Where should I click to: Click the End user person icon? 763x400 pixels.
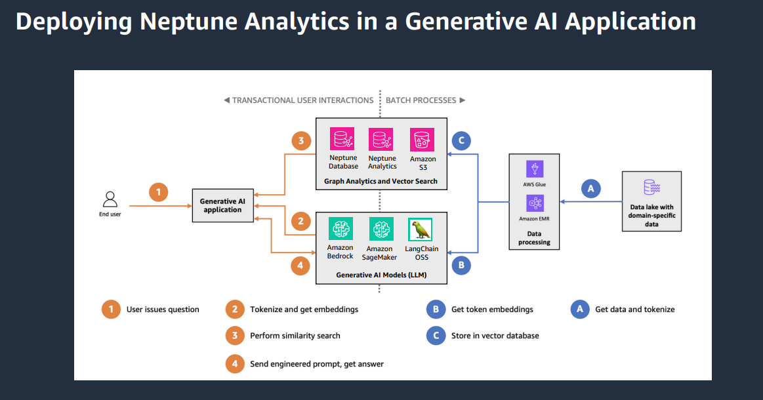pyautogui.click(x=110, y=199)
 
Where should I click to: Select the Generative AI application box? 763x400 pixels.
pyautogui.click(x=222, y=205)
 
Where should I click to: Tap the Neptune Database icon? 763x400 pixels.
pyautogui.click(x=342, y=140)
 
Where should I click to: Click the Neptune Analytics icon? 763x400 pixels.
pyautogui.click(x=382, y=140)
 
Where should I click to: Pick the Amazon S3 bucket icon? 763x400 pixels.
pyautogui.click(x=422, y=140)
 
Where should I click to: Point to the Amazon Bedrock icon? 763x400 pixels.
pyautogui.click(x=340, y=230)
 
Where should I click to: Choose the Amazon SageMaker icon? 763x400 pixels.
pyautogui.click(x=381, y=230)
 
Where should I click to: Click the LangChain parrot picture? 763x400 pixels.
pyautogui.click(x=420, y=230)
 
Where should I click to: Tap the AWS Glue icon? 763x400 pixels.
pyautogui.click(x=535, y=169)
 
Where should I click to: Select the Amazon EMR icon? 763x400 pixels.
pyautogui.click(x=535, y=203)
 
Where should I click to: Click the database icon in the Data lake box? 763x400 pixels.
pyautogui.click(x=651, y=187)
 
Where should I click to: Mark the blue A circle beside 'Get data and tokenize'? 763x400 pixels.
pyautogui.click(x=580, y=310)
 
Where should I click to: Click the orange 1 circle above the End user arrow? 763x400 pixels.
pyautogui.click(x=158, y=192)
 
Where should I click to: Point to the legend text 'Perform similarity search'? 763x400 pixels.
pyautogui.click(x=295, y=336)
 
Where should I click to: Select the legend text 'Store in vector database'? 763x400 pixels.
pyautogui.click(x=495, y=336)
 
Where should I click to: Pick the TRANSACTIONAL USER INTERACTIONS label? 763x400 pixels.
pyautogui.click(x=302, y=100)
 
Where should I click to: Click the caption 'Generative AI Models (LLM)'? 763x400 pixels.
pyautogui.click(x=381, y=275)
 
